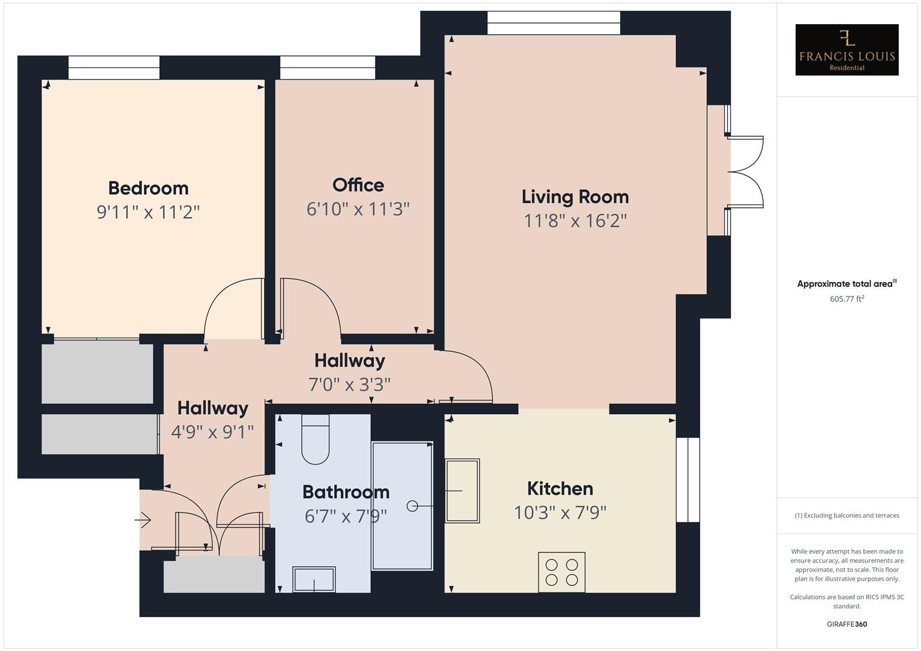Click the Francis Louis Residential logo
(x=846, y=50)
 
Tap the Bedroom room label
(x=148, y=188)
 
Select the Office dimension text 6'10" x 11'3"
(x=358, y=209)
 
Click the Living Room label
(x=575, y=197)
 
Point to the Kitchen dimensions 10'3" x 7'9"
(x=560, y=512)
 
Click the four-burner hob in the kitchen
(x=562, y=572)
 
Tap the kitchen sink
(x=462, y=491)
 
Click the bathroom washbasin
(x=314, y=579)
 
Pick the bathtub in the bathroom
(x=402, y=506)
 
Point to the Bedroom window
(x=114, y=68)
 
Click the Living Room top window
(x=553, y=24)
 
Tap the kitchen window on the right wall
(x=688, y=479)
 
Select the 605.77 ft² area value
(x=846, y=299)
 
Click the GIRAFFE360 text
(x=846, y=624)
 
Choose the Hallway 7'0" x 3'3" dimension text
(x=349, y=384)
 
